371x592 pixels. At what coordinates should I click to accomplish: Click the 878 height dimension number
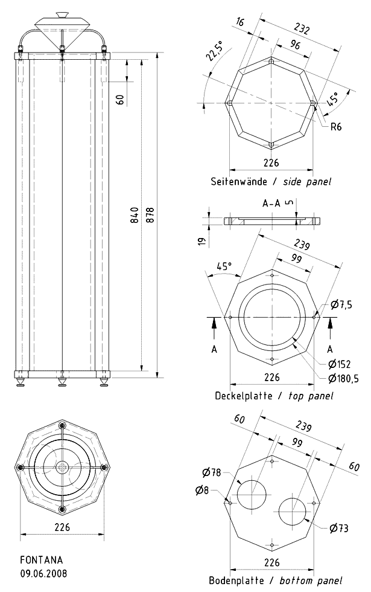(150, 214)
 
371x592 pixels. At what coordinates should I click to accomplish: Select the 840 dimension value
(135, 215)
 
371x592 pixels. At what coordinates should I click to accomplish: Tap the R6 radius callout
(335, 126)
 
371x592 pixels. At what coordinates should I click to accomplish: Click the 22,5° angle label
(214, 50)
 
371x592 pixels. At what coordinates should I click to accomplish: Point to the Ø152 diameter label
(339, 364)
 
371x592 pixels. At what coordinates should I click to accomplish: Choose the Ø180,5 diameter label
(343, 378)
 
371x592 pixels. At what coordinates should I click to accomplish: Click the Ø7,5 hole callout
(341, 304)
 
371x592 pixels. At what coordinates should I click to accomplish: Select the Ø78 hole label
(212, 472)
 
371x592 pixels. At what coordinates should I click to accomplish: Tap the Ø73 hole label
(339, 528)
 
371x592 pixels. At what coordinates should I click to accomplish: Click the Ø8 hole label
(202, 491)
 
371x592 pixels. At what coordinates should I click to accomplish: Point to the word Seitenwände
(239, 182)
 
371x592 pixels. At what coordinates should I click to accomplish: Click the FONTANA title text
(42, 560)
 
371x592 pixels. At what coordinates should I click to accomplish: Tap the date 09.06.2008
(43, 573)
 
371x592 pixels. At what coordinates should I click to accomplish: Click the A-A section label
(271, 203)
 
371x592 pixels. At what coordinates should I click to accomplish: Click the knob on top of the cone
(62, 15)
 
